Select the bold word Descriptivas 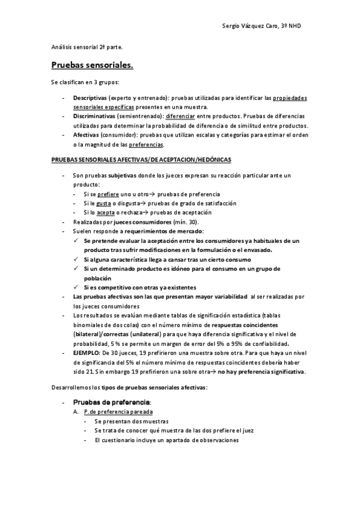(x=90, y=97)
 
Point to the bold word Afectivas (x=86, y=135)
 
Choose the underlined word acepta (x=106, y=213)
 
